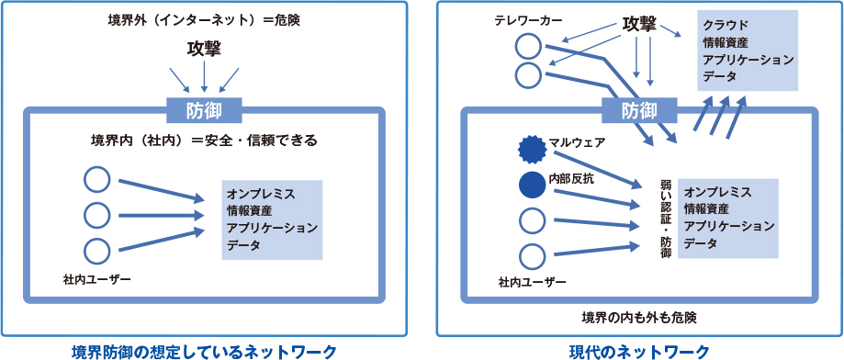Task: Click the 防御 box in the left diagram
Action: (204, 111)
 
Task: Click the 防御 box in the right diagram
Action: (639, 111)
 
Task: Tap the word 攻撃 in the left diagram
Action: (204, 47)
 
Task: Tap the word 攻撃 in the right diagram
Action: (639, 24)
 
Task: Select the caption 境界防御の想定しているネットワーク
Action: (204, 350)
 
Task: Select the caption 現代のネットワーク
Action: (639, 350)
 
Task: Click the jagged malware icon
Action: (532, 147)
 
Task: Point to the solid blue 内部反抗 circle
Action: (532, 185)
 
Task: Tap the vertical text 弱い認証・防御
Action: (666, 217)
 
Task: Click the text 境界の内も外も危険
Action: (639, 318)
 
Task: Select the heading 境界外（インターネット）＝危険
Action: (204, 19)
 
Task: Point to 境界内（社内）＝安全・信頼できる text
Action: (204, 141)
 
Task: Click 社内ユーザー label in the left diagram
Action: (97, 277)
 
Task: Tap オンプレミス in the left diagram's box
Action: (261, 194)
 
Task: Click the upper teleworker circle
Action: (528, 46)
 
